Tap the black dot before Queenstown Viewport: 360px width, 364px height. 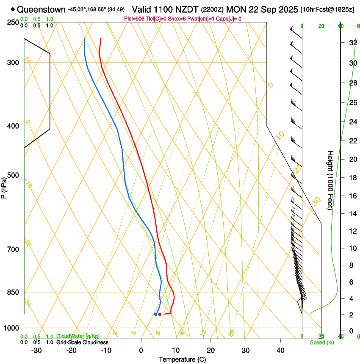click(x=13, y=9)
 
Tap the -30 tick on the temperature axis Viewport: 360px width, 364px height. click(x=36, y=350)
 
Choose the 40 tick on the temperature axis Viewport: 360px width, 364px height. click(x=280, y=350)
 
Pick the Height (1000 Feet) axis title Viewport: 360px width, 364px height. click(x=330, y=180)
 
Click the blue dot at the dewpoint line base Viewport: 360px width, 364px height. click(x=156, y=314)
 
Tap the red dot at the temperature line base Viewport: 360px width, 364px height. click(x=160, y=314)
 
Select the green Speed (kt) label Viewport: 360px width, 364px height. click(x=321, y=342)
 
